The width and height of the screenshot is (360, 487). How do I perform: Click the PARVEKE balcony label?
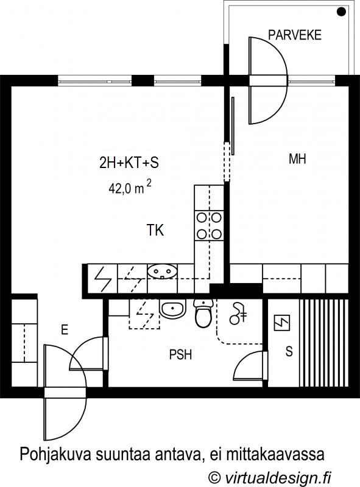click(x=294, y=35)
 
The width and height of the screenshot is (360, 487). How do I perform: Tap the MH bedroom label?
click(x=297, y=159)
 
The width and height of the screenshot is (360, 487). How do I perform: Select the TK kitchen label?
click(x=155, y=230)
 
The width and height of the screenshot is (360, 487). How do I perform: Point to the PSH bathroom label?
click(x=180, y=354)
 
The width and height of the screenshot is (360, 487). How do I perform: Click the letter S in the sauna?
click(x=289, y=351)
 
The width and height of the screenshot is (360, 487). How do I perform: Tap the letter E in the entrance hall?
click(x=65, y=329)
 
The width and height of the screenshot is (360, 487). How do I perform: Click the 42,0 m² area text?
click(x=130, y=187)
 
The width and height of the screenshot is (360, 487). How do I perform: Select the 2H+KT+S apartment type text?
click(x=129, y=163)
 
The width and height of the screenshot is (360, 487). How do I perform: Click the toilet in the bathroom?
click(x=203, y=313)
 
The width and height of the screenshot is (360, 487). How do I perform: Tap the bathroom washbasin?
click(x=172, y=309)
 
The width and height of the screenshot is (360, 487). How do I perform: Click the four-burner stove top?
click(x=209, y=225)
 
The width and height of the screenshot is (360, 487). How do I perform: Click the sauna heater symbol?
click(x=282, y=323)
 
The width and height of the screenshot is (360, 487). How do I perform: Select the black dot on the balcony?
click(x=341, y=12)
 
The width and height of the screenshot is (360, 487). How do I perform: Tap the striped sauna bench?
click(x=323, y=343)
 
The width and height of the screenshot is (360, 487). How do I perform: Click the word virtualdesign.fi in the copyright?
click(x=278, y=477)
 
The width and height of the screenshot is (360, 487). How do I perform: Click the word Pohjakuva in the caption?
click(x=55, y=454)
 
